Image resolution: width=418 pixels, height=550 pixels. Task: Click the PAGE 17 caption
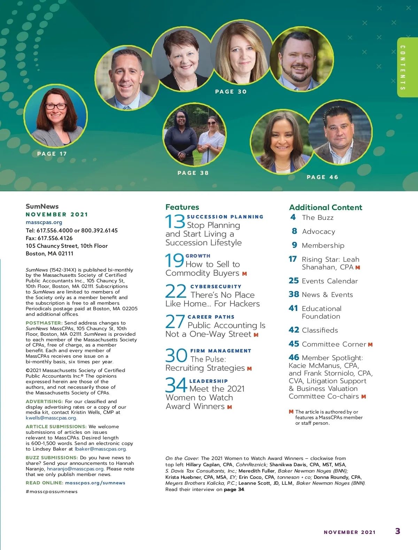pyautogui.click(x=52, y=154)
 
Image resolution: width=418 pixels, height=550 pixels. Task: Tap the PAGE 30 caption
pyautogui.click(x=231, y=92)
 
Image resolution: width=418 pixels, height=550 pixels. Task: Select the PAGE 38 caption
pyautogui.click(x=193, y=173)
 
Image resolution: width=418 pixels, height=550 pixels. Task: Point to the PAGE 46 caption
pyautogui.click(x=323, y=177)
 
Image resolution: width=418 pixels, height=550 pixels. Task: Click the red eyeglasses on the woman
pyautogui.click(x=56, y=106)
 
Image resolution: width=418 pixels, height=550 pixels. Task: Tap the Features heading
pyautogui.click(x=182, y=207)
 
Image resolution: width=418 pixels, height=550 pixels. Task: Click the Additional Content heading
pyautogui.click(x=326, y=207)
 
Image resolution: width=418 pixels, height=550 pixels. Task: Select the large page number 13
pyautogui.click(x=175, y=222)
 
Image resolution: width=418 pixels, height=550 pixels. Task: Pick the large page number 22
pyautogui.click(x=176, y=292)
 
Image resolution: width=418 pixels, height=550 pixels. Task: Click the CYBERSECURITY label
pyautogui.click(x=216, y=287)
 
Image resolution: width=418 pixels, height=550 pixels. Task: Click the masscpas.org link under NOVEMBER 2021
pyautogui.click(x=44, y=222)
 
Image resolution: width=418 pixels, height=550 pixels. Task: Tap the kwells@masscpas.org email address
pyautogui.click(x=51, y=418)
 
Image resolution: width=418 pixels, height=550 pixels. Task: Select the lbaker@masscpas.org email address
pyautogui.click(x=100, y=449)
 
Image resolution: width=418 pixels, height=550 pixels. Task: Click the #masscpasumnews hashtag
pyautogui.click(x=52, y=492)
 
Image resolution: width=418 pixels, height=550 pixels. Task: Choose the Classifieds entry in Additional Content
pyautogui.click(x=320, y=330)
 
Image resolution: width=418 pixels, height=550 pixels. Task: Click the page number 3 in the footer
pyautogui.click(x=397, y=531)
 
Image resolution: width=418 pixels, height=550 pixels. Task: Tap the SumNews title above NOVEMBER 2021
pyautogui.click(x=42, y=206)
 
